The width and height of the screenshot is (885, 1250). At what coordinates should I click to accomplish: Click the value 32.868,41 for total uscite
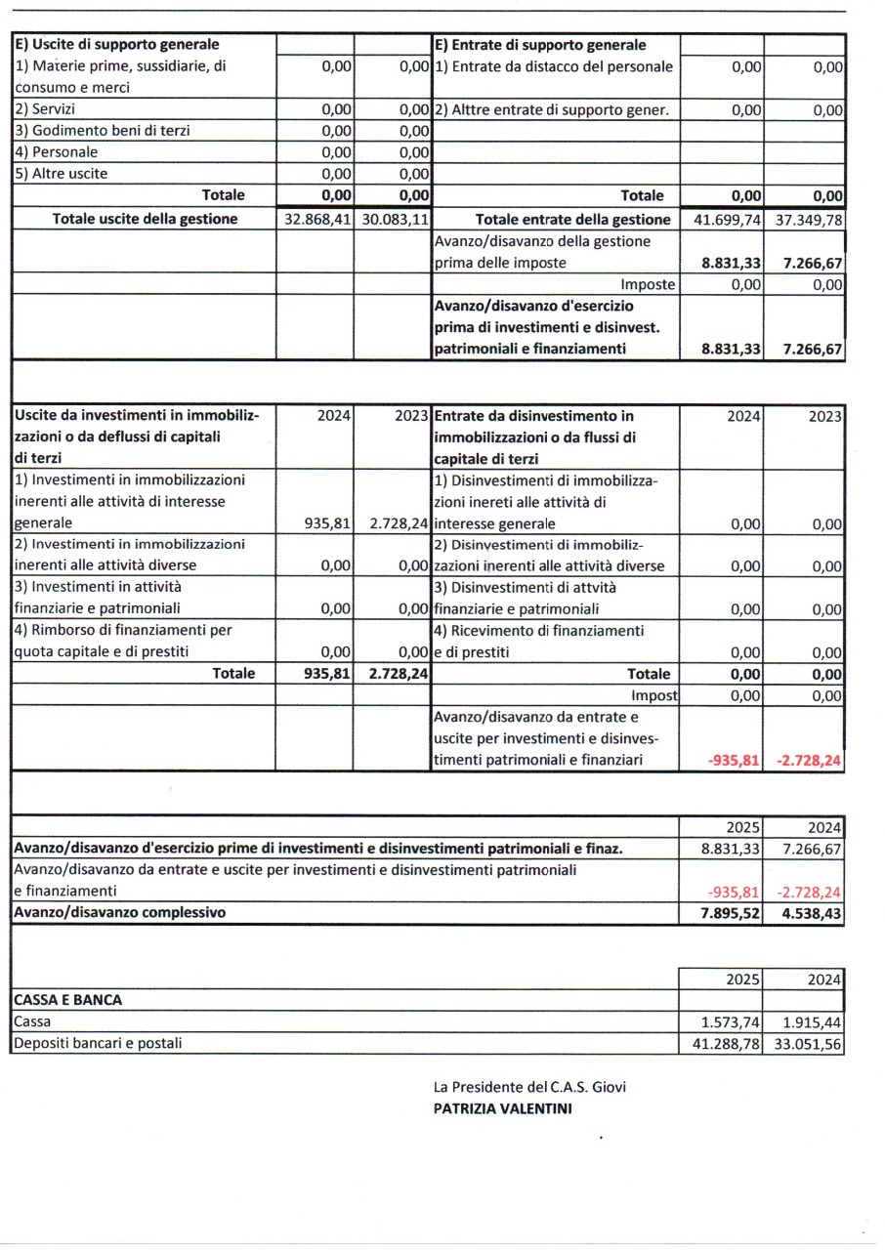316,220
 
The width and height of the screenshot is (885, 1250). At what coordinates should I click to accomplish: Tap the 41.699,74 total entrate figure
727,220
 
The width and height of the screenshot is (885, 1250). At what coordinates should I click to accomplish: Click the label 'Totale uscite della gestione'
145,219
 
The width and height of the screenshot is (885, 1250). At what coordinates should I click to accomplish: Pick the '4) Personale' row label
56,152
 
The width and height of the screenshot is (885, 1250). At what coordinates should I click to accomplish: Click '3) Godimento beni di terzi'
102,131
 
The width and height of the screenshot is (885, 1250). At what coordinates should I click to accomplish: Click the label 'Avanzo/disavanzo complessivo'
119,913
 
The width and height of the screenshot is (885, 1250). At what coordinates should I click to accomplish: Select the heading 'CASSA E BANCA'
67,1000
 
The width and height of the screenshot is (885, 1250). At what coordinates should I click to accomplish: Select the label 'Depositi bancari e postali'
98,1043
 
